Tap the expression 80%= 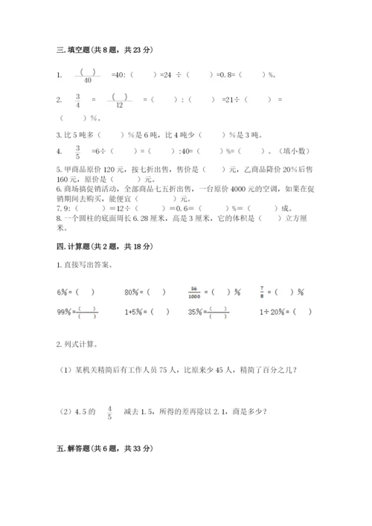[x=135, y=292]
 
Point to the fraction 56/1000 [x=195, y=291]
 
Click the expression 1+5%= [x=135, y=312]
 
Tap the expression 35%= [x=197, y=312]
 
